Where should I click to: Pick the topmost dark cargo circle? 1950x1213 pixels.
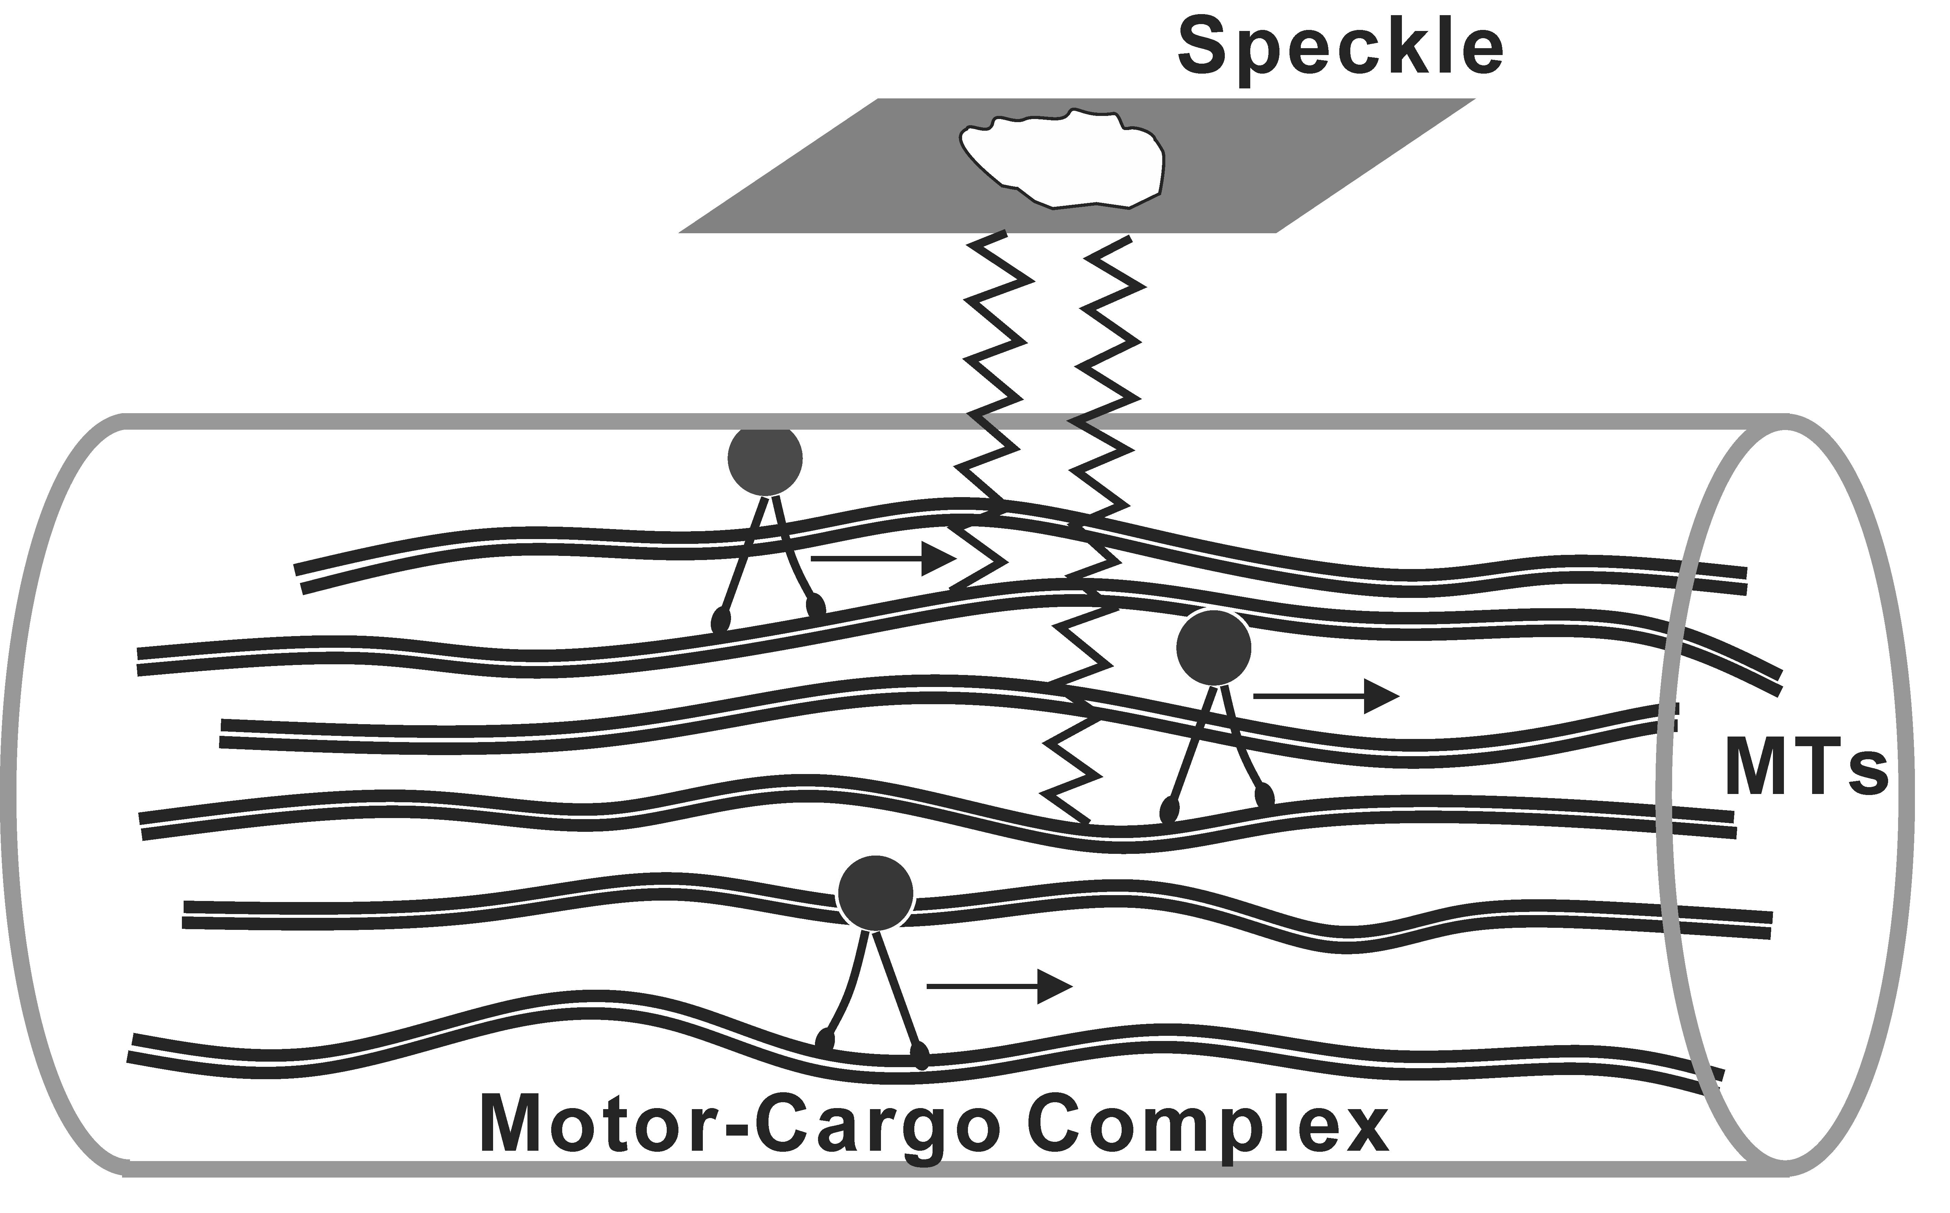(765, 458)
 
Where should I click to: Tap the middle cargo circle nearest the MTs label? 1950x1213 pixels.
(1213, 648)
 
